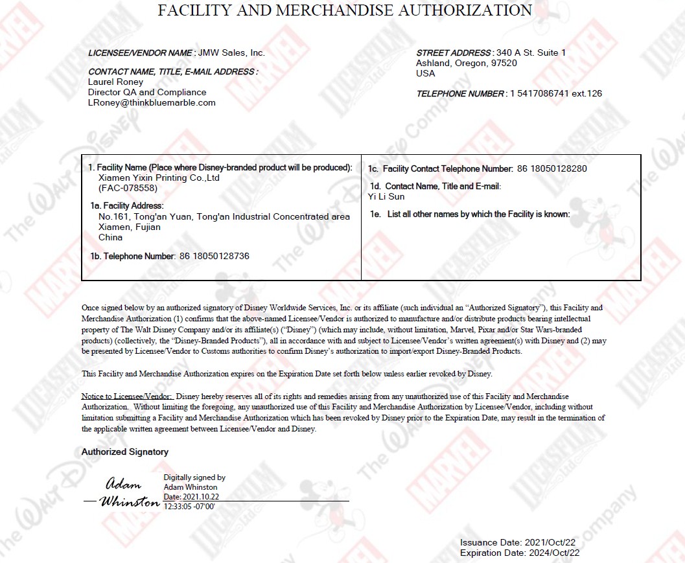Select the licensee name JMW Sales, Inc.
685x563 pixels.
point(231,53)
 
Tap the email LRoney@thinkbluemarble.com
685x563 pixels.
point(152,102)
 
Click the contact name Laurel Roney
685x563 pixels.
point(115,82)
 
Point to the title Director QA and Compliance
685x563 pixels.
point(147,92)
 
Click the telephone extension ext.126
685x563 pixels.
point(586,93)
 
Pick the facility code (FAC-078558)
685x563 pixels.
point(128,189)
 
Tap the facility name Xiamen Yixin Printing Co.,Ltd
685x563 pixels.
point(159,178)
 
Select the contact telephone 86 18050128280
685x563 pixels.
point(552,168)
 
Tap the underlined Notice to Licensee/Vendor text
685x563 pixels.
point(127,396)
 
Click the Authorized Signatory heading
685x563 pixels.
point(124,452)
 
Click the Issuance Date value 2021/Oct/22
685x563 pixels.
point(550,542)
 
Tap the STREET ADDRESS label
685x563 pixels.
point(454,52)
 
